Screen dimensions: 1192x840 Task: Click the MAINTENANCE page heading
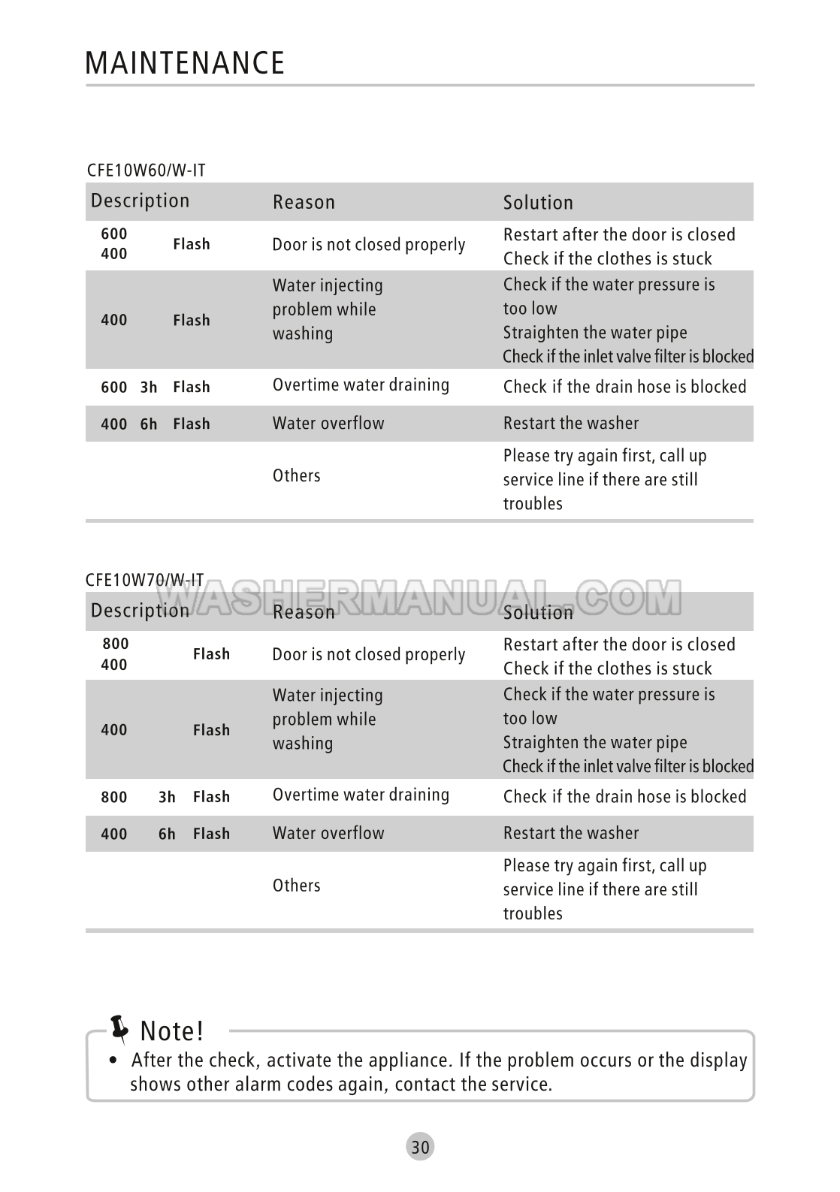[185, 63]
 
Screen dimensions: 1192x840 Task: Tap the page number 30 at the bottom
[421, 1147]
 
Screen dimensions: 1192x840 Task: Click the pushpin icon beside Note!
[119, 1029]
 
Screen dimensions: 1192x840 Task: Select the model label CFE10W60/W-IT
[146, 171]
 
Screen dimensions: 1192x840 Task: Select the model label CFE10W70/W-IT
[144, 580]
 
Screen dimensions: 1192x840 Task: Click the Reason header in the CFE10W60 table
[304, 202]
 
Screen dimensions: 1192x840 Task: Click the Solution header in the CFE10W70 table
[538, 612]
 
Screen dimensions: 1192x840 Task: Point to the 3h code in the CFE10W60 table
[149, 388]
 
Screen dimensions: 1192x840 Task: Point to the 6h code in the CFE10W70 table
[167, 834]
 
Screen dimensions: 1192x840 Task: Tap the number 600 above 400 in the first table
[114, 234]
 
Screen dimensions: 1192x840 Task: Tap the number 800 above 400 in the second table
[116, 644]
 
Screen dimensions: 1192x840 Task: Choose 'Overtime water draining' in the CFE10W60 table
[361, 385]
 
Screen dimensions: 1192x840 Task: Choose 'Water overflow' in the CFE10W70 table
[328, 833]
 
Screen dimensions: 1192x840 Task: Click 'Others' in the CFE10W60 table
[296, 475]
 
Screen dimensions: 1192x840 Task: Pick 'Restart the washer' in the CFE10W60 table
[571, 424]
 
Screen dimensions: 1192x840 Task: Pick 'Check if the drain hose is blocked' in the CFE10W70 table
[624, 797]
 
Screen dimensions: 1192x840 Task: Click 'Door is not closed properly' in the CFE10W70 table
[368, 655]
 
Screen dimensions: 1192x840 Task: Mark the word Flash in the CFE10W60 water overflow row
[192, 424]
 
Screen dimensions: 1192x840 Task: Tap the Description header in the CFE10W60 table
[140, 201]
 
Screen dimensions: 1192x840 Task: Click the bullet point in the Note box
[113, 1061]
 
